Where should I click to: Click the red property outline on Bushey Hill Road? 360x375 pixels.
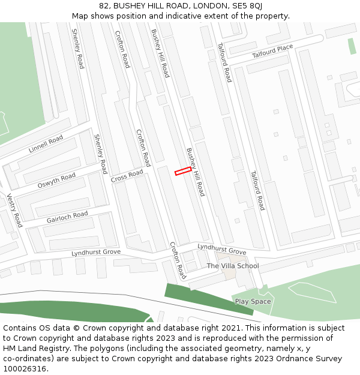183,172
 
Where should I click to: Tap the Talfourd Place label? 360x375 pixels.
272,51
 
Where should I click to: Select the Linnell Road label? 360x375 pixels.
46,144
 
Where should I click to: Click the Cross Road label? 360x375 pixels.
127,176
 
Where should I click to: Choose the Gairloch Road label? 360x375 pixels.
67,217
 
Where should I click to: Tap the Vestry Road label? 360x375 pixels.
14,210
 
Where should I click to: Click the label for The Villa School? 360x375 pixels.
233,266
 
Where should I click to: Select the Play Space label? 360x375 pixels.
253,301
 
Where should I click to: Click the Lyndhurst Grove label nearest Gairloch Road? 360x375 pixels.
96,253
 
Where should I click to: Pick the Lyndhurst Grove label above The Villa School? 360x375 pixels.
222,249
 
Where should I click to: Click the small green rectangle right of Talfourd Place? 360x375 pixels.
352,46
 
